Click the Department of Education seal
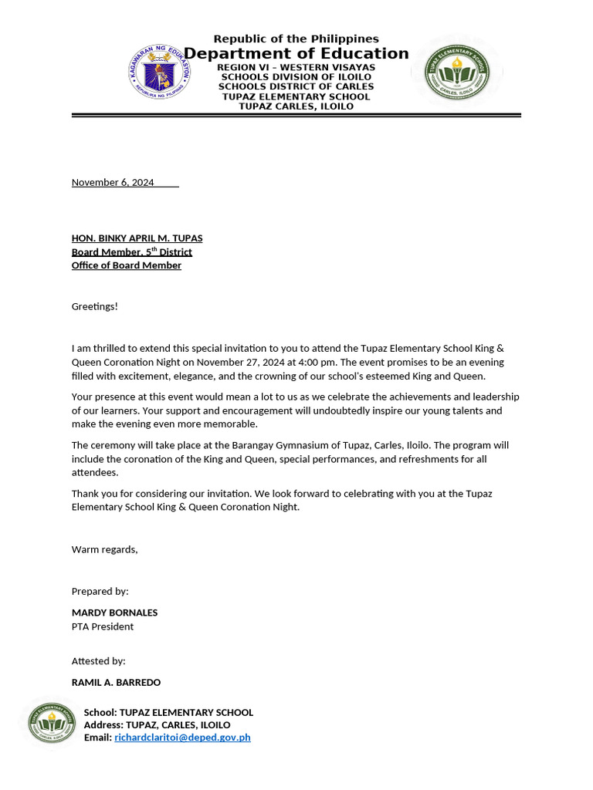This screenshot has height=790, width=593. pyautogui.click(x=160, y=72)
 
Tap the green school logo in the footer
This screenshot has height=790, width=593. pyautogui.click(x=52, y=723)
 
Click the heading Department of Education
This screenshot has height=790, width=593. pyautogui.click(x=296, y=53)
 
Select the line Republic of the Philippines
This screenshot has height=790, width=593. pyautogui.click(x=296, y=39)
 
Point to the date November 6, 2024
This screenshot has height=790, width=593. pyautogui.click(x=113, y=182)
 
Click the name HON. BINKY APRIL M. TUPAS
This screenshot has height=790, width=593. pyautogui.click(x=137, y=238)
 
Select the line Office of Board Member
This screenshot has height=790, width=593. pyautogui.click(x=127, y=265)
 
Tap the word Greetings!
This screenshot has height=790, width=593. pyautogui.click(x=95, y=306)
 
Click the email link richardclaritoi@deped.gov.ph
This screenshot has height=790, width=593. pyautogui.click(x=182, y=738)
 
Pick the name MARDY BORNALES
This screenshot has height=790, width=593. pyautogui.click(x=114, y=613)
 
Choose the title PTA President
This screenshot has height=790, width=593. pyautogui.click(x=103, y=626)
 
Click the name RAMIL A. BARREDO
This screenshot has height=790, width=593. pyautogui.click(x=116, y=682)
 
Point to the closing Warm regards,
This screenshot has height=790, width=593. pyautogui.click(x=104, y=549)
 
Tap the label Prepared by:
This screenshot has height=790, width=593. pyautogui.click(x=100, y=591)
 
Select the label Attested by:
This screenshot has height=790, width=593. pyautogui.click(x=98, y=661)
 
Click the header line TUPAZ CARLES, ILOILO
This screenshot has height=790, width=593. pyautogui.click(x=296, y=106)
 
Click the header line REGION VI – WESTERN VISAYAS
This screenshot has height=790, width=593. pyautogui.click(x=296, y=67)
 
